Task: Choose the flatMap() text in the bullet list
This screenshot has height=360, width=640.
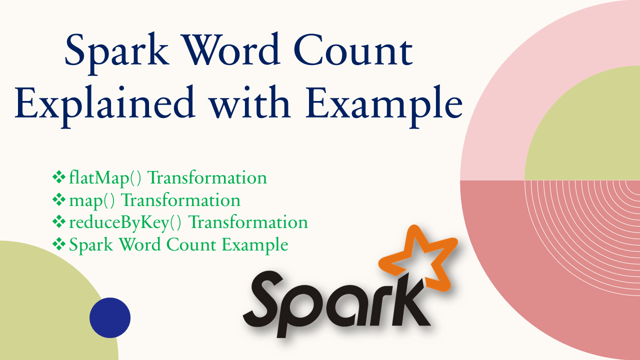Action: [105, 178]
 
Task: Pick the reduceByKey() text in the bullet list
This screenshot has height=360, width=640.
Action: [125, 222]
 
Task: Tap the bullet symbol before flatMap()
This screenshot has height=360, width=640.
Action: [59, 177]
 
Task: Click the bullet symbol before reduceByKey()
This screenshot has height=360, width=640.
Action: [59, 221]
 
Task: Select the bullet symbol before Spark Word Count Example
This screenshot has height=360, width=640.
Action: [59, 244]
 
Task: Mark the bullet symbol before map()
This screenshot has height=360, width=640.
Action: [59, 199]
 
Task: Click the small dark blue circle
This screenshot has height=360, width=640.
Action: [110, 317]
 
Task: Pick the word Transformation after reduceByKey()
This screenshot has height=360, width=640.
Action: [248, 222]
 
